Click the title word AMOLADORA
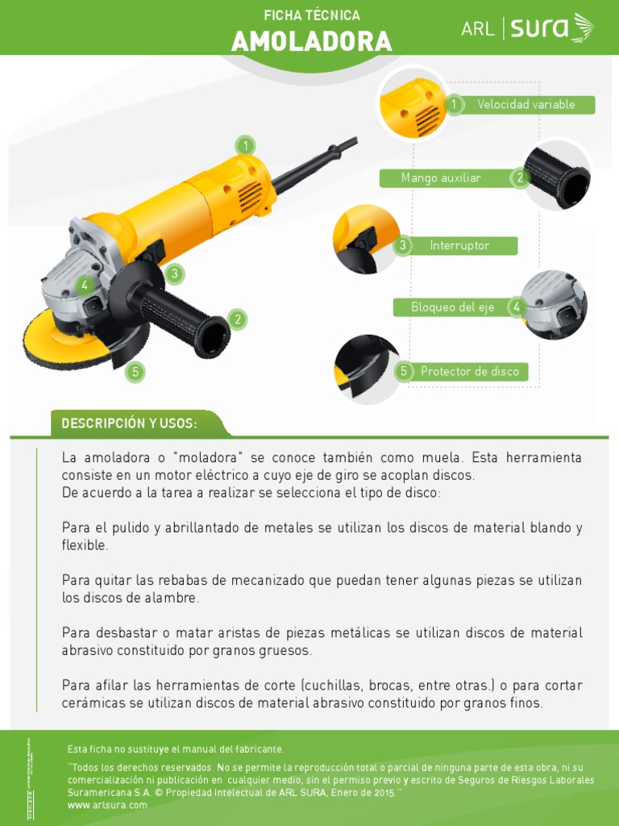click(311, 41)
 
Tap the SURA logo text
click(540, 30)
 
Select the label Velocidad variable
click(526, 105)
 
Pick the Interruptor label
click(459, 246)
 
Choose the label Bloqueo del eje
click(452, 307)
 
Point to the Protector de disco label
click(470, 372)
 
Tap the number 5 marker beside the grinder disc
click(135, 372)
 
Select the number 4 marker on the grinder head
click(84, 285)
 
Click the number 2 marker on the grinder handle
click(237, 319)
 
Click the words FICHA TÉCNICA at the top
click(312, 15)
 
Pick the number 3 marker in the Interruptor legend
click(403, 245)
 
